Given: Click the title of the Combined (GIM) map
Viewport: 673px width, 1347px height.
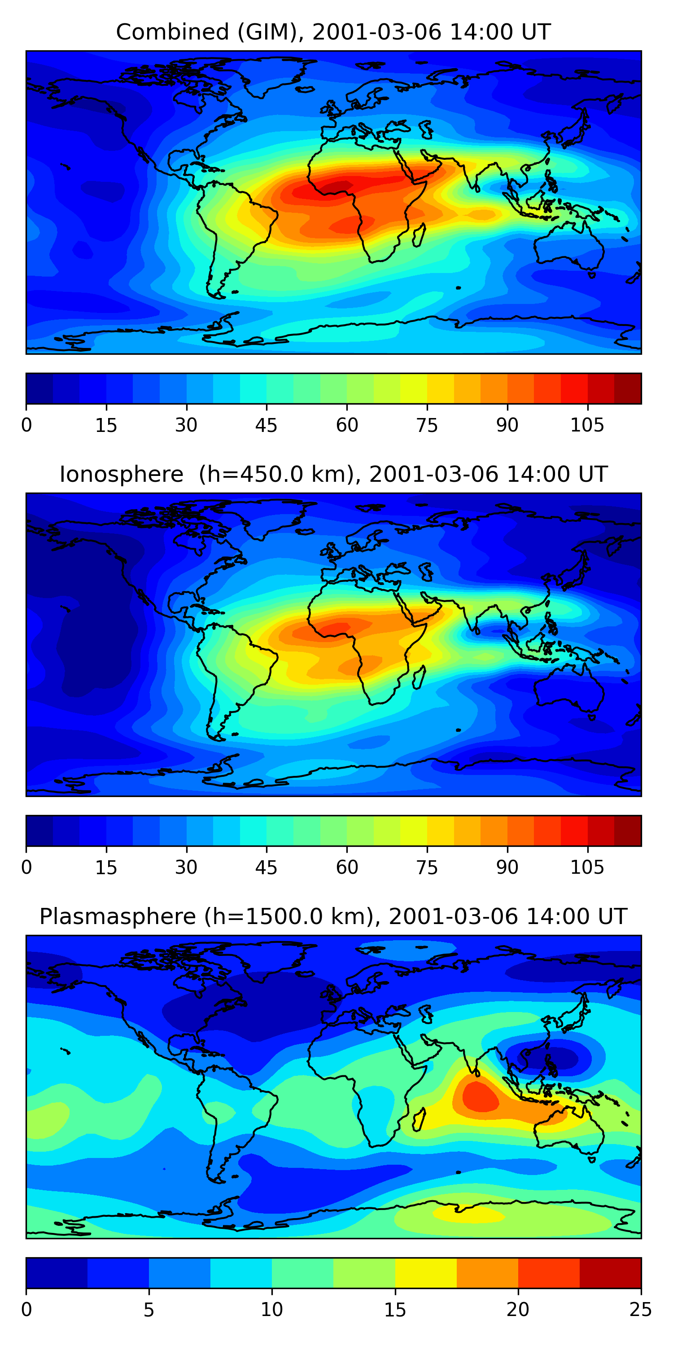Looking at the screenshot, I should (x=333, y=32).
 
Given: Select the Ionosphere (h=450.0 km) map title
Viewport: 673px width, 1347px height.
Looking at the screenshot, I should (x=333, y=475).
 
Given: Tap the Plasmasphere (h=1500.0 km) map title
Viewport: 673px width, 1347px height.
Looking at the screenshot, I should (x=333, y=917).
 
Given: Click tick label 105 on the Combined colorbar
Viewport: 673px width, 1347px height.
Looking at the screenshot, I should (x=587, y=425).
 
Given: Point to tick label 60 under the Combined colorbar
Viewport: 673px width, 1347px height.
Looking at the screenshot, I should (x=347, y=425).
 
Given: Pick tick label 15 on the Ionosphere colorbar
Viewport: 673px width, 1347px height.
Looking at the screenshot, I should (x=106, y=867).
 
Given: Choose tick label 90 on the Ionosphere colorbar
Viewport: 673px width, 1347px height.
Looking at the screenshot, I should (x=507, y=867).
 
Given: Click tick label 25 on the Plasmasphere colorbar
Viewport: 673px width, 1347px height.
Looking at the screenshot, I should (x=640, y=1309).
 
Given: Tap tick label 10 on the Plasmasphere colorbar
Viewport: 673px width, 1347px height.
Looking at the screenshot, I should (x=272, y=1309).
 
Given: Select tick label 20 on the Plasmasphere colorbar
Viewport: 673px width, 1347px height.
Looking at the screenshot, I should (x=518, y=1309).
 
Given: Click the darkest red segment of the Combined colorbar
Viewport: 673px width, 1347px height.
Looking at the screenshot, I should (x=628, y=388).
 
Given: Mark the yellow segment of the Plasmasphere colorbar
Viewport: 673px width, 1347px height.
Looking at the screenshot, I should (x=426, y=1273).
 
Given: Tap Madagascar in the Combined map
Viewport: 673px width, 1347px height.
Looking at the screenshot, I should (x=419, y=235).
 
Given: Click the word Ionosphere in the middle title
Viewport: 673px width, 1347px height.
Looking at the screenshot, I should (x=121, y=475).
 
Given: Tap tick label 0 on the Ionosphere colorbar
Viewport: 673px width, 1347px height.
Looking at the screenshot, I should (x=26, y=867).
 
